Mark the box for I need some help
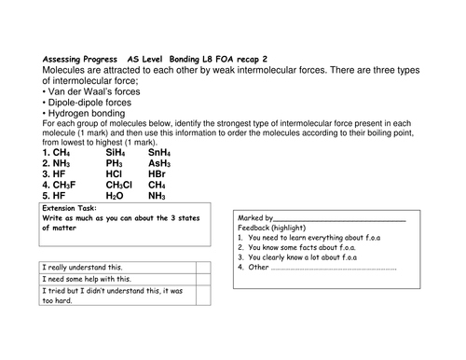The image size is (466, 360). point(201,280)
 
